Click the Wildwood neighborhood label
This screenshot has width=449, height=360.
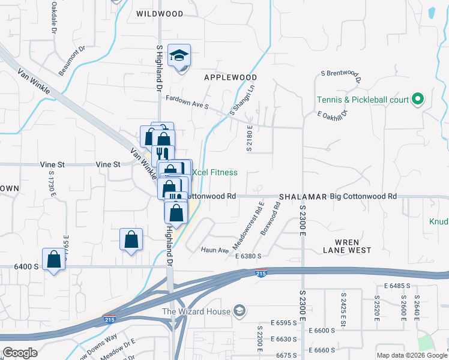pos(159,13)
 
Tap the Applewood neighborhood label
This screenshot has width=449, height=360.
pos(231,77)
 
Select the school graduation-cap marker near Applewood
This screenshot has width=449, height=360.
pos(179,56)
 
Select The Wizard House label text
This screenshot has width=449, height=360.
pos(196,311)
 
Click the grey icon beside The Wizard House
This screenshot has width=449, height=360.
pos(240,311)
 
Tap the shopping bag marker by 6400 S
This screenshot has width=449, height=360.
pos(54,260)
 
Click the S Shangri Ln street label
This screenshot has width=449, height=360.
pos(243,100)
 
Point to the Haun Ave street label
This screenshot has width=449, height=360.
pos(215,250)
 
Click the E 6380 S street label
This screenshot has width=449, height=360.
pos(249,256)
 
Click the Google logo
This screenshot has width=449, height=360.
pos(20,353)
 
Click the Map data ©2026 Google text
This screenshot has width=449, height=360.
pos(411,355)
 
